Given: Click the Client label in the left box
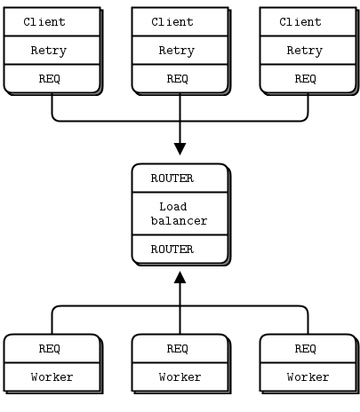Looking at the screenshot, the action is tap(44, 22).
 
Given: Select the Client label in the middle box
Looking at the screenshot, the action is tap(172, 22).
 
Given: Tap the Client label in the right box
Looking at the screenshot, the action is tap(300, 22).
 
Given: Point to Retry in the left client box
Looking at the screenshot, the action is tap(49, 51).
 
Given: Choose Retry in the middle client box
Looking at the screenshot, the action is tap(177, 51).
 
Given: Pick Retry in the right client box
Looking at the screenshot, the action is tap(305, 51).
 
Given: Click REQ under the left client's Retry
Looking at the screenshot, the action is tap(50, 79).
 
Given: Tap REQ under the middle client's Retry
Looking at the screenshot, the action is tap(178, 79).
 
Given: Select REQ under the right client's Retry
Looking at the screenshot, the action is tap(306, 79).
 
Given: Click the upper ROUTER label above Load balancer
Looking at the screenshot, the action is tap(172, 178).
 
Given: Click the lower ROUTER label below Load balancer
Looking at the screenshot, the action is tap(172, 250).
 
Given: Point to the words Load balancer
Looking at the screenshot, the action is tap(179, 214).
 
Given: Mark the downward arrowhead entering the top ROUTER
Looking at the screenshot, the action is tap(180, 149).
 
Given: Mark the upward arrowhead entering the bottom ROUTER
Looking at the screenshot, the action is tap(180, 277).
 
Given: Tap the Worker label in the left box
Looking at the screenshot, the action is tap(52, 377).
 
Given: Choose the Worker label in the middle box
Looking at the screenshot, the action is tap(180, 377).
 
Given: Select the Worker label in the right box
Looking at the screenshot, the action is tap(308, 377).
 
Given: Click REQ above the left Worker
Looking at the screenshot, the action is tap(50, 349).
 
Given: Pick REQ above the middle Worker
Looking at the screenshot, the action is tap(178, 349).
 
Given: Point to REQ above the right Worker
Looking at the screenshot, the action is tap(306, 349).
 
